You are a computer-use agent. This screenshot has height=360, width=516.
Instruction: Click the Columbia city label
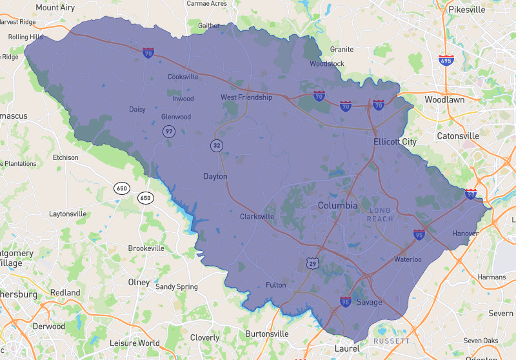[337, 205]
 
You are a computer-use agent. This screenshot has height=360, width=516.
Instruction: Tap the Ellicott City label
[395, 141]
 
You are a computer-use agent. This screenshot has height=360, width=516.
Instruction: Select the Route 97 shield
[169, 131]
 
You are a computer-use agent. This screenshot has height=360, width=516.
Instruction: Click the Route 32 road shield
[216, 145]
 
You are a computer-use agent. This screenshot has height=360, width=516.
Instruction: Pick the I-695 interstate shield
[446, 60]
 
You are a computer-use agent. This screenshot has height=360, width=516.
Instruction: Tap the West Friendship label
[246, 97]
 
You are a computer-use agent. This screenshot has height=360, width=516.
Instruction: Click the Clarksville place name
[257, 217]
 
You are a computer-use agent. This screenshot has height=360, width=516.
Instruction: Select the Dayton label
[215, 176]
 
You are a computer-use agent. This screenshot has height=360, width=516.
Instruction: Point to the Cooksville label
[183, 77]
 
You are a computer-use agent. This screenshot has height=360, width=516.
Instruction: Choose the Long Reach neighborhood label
[380, 215]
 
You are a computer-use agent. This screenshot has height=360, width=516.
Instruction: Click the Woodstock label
[327, 64]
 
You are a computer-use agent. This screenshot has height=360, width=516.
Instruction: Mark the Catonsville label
[458, 136]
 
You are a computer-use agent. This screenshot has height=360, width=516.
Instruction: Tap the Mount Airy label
[55, 7]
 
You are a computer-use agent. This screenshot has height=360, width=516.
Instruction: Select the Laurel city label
[347, 348]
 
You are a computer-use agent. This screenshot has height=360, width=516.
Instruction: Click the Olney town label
[139, 283]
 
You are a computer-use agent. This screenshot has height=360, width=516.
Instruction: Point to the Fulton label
[275, 285]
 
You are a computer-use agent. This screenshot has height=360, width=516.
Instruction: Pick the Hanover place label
[465, 233]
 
